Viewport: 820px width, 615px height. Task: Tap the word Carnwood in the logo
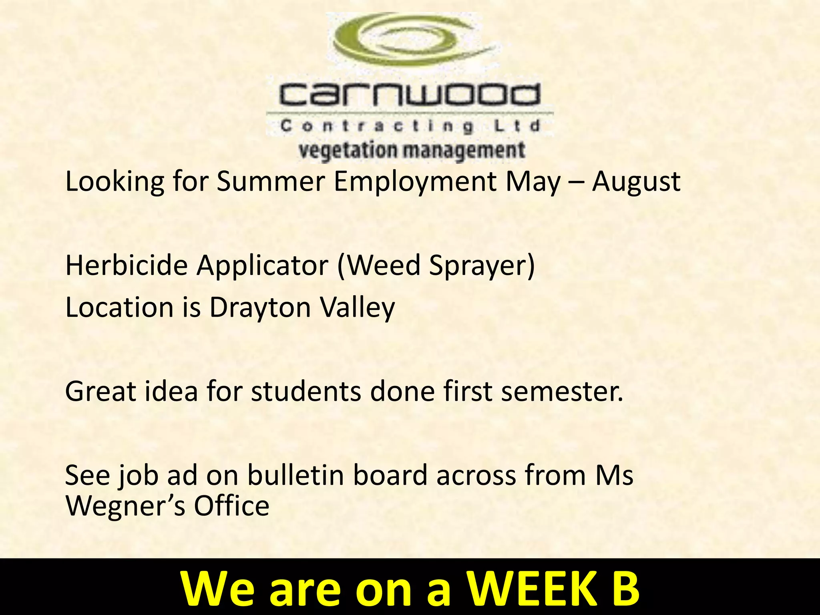(409, 94)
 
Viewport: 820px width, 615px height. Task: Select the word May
(533, 182)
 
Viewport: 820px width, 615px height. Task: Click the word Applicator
(262, 266)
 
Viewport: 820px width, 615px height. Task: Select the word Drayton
(260, 308)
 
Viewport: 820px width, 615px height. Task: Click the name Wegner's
(126, 506)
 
